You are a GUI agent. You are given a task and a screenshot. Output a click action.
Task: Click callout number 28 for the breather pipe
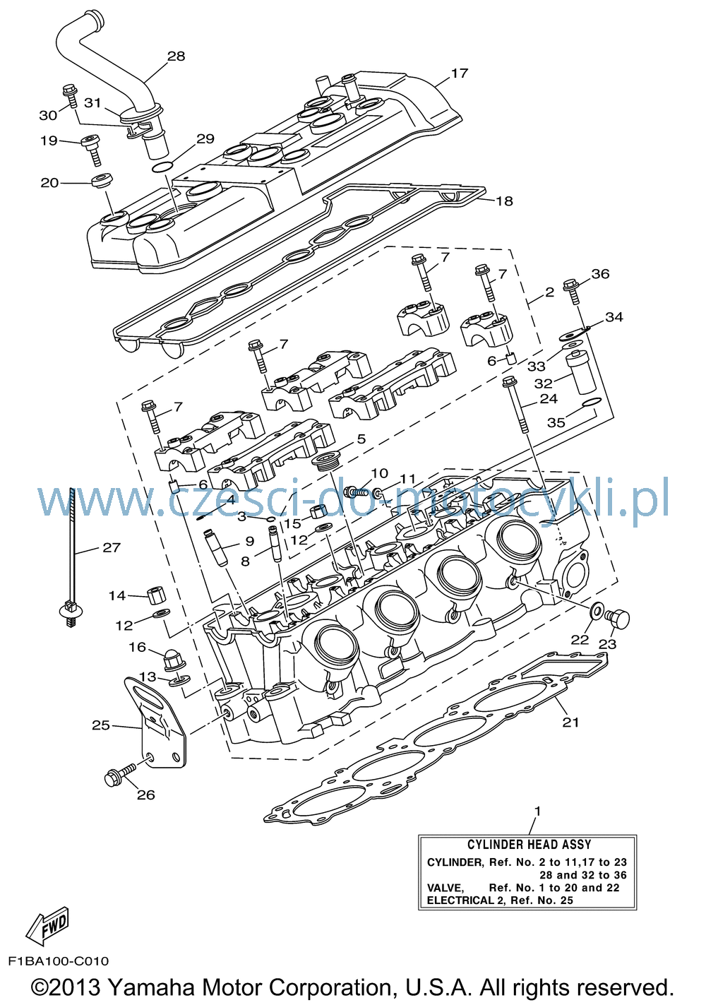176,56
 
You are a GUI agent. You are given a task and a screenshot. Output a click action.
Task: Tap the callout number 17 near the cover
460,73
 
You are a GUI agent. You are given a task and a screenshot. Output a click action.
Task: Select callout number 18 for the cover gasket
504,201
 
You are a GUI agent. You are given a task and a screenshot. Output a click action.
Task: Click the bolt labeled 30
69,95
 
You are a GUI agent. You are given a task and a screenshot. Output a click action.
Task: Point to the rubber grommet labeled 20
102,179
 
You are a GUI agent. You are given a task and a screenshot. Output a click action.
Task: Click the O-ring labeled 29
162,168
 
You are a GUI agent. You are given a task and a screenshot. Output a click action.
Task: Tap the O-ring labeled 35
591,402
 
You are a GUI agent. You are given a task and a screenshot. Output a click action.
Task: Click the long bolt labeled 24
517,405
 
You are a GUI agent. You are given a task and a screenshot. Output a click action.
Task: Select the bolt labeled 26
121,773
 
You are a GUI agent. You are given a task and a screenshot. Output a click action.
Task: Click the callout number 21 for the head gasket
570,722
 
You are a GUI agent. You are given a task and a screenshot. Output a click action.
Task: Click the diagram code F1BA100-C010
59,961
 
